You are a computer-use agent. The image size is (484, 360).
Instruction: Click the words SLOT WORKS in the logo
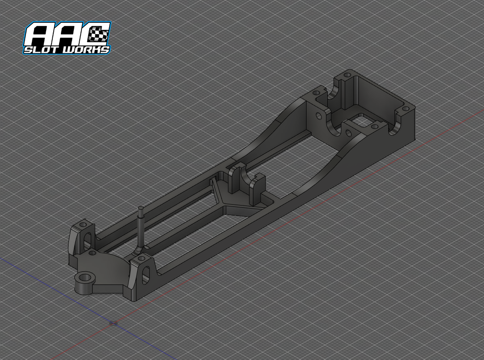tap(67, 49)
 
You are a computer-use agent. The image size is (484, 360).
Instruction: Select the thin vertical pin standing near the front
tap(141, 228)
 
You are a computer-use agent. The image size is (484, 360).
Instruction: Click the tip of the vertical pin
tap(140, 208)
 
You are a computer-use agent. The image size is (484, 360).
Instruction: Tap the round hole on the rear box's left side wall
tap(319, 116)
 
